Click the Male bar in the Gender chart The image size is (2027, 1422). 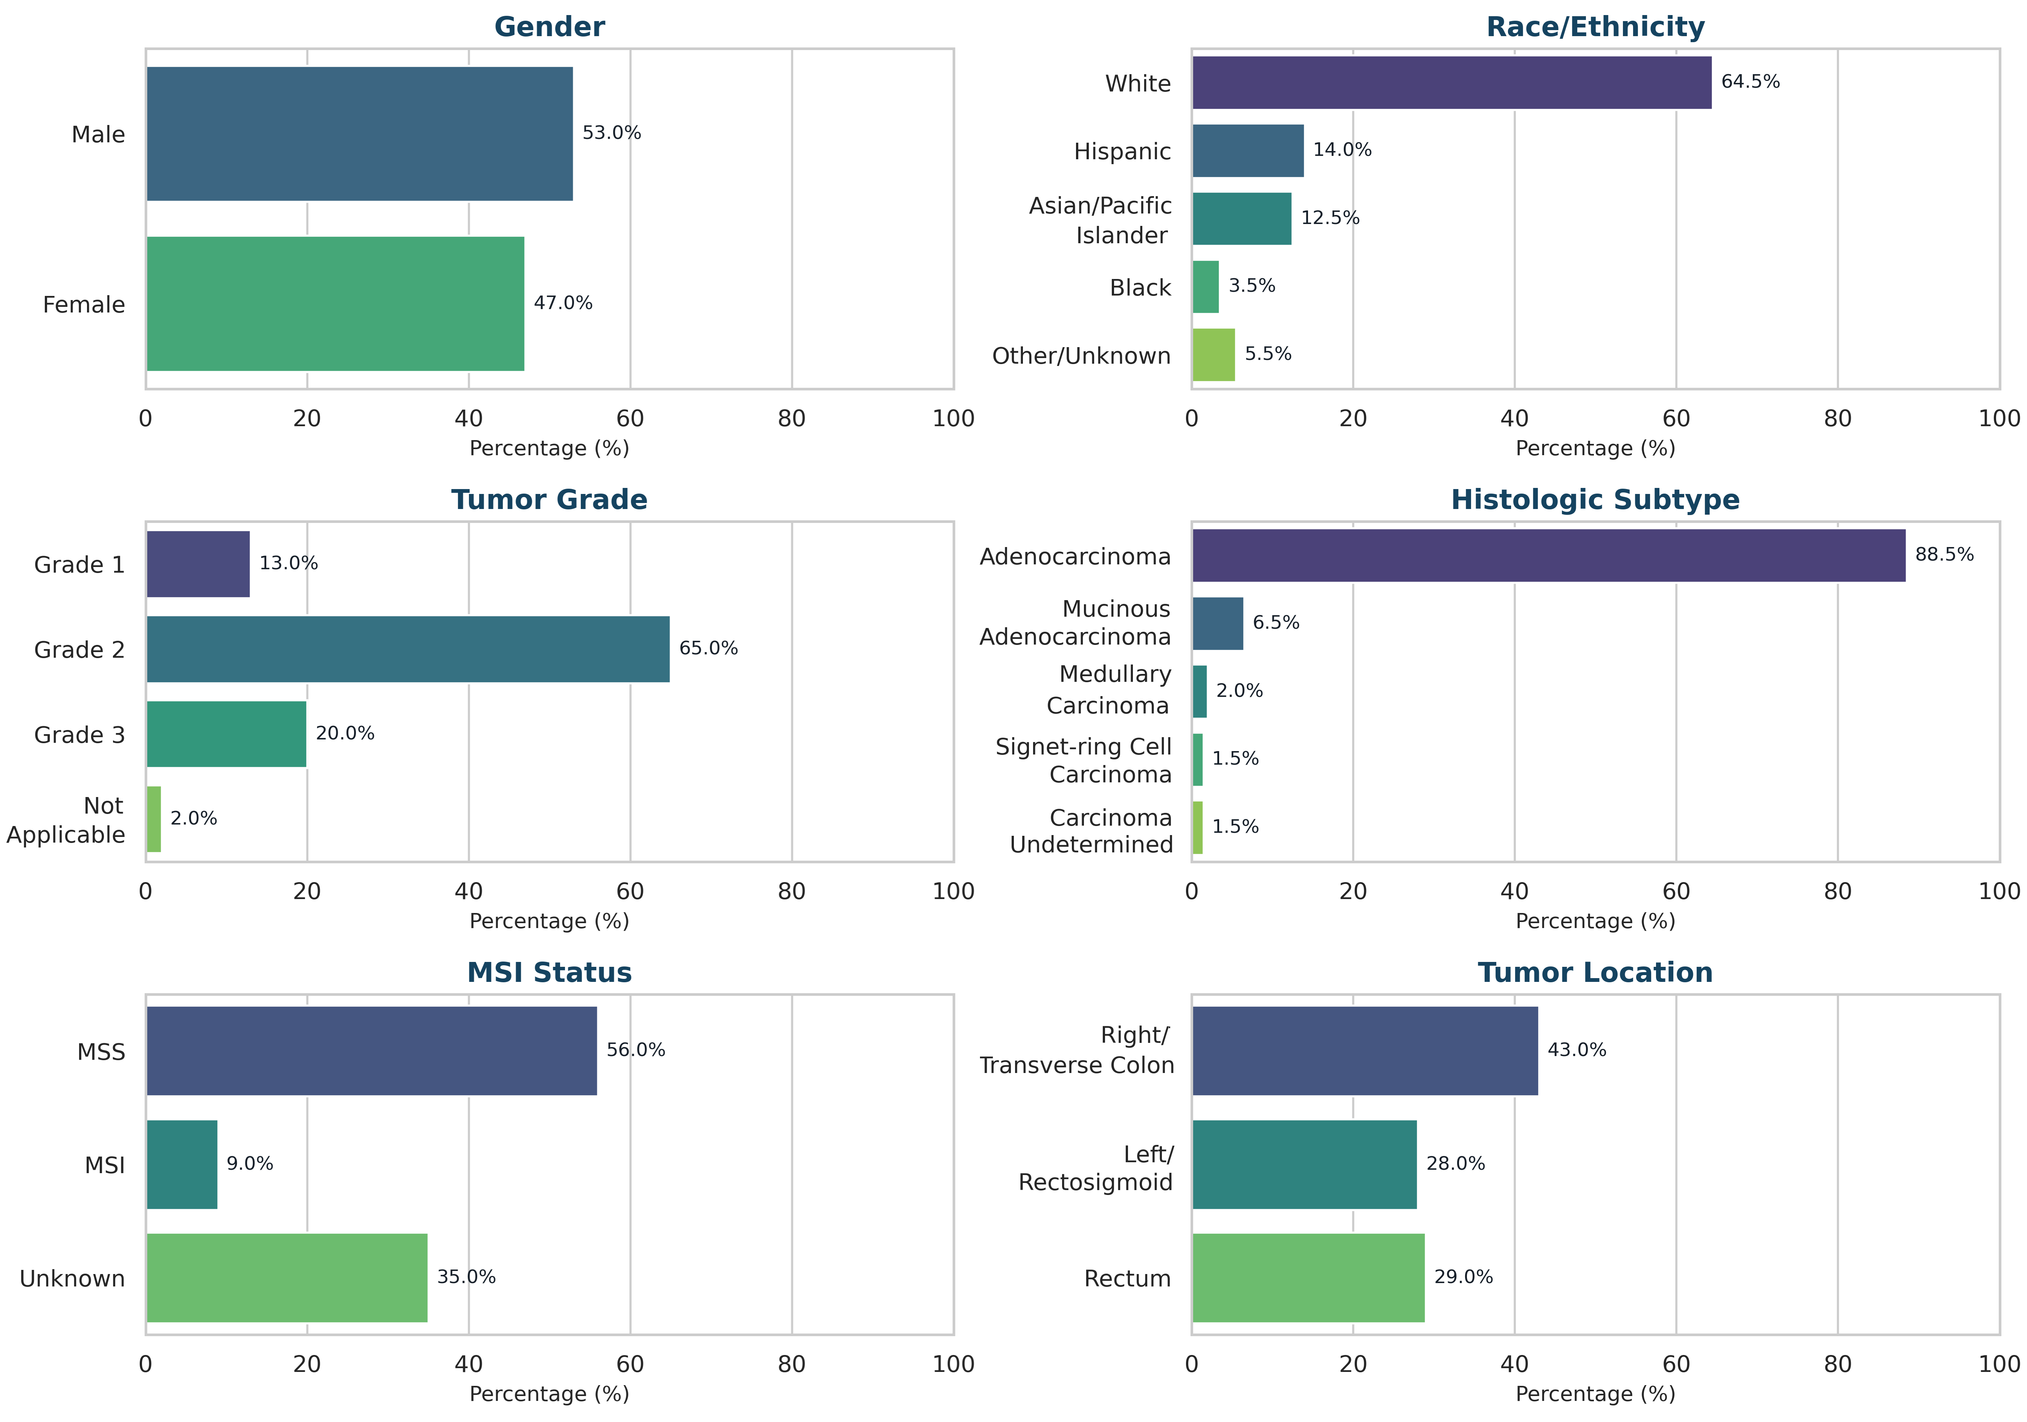point(359,134)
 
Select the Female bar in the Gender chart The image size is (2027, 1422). point(336,304)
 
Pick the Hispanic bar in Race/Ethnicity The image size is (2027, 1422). point(1247,151)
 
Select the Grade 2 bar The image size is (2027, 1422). point(408,650)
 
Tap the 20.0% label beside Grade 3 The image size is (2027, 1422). point(345,733)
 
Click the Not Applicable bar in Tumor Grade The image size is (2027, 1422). point(154,819)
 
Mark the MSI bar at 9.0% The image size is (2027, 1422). point(182,1164)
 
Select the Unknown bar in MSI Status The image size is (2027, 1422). point(287,1277)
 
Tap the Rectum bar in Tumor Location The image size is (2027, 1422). point(1308,1277)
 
